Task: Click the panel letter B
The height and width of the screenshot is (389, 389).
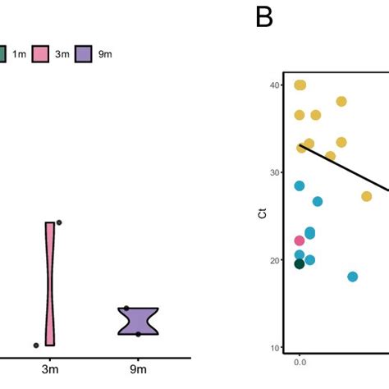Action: pyautogui.click(x=264, y=17)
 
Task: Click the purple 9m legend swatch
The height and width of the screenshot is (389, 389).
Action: pyautogui.click(x=84, y=54)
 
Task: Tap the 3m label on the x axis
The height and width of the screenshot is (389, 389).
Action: pyautogui.click(x=50, y=371)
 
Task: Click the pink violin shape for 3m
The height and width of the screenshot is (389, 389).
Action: pyautogui.click(x=50, y=283)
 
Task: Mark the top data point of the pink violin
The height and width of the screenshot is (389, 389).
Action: pyautogui.click(x=59, y=222)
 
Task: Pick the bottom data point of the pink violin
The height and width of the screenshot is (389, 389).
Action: pyautogui.click(x=36, y=346)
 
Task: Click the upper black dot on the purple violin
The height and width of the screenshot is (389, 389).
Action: pyautogui.click(x=126, y=309)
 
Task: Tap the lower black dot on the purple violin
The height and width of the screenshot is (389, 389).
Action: pyautogui.click(x=138, y=333)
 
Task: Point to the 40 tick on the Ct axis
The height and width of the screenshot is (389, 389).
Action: pyautogui.click(x=276, y=85)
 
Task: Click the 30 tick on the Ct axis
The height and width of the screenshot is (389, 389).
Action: pyautogui.click(x=276, y=173)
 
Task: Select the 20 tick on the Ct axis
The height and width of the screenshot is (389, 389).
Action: pyautogui.click(x=276, y=261)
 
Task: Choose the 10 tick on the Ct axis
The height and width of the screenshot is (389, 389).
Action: pyautogui.click(x=276, y=348)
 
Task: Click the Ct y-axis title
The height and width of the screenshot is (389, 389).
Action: pyautogui.click(x=260, y=216)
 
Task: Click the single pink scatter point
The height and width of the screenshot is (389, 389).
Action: pyautogui.click(x=300, y=240)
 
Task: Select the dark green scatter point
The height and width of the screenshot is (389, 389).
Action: pyautogui.click(x=300, y=263)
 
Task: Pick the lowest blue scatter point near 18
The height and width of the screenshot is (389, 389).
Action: pyautogui.click(x=353, y=277)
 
